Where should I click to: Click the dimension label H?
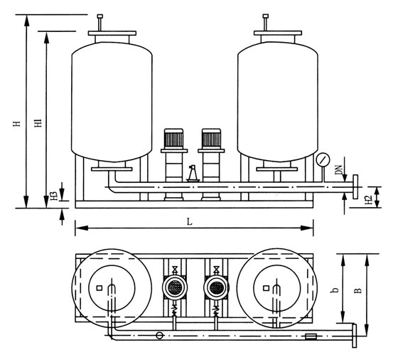(x=17, y=124)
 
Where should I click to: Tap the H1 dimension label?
(x=38, y=122)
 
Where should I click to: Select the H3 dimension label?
(x=54, y=195)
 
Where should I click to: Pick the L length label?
(x=189, y=222)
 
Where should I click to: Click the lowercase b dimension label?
(x=335, y=290)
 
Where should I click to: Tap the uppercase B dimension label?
(x=358, y=290)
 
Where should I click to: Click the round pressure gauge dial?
(x=323, y=160)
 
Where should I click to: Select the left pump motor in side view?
(x=174, y=139)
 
